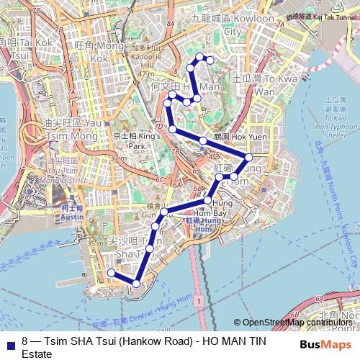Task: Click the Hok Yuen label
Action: (230, 136)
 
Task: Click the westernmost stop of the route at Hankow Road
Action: (111, 272)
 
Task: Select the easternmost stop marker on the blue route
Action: (249, 157)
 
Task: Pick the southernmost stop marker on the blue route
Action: (136, 283)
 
